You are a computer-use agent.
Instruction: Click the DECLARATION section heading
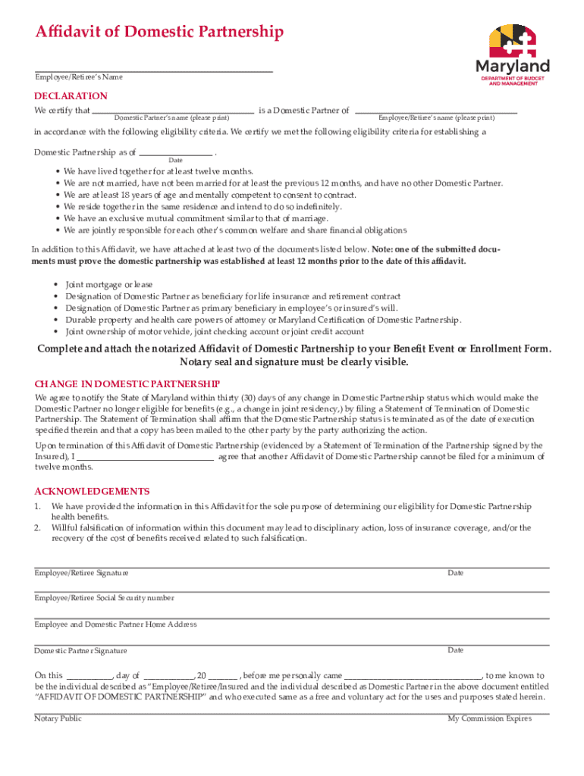click(71, 96)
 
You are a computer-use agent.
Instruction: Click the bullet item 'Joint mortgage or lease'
click(108, 285)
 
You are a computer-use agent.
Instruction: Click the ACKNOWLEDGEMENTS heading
click(92, 491)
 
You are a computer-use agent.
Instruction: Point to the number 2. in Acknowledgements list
click(37, 527)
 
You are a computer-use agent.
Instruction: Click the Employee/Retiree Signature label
click(81, 573)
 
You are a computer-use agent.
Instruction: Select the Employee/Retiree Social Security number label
click(104, 598)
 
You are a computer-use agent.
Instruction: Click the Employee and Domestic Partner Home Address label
click(115, 624)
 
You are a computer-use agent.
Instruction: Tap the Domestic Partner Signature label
click(80, 651)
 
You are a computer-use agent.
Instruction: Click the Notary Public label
click(58, 718)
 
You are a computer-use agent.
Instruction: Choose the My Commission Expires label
click(489, 718)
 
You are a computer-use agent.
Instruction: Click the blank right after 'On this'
click(89, 674)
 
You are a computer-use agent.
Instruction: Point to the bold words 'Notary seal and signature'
click(242, 361)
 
